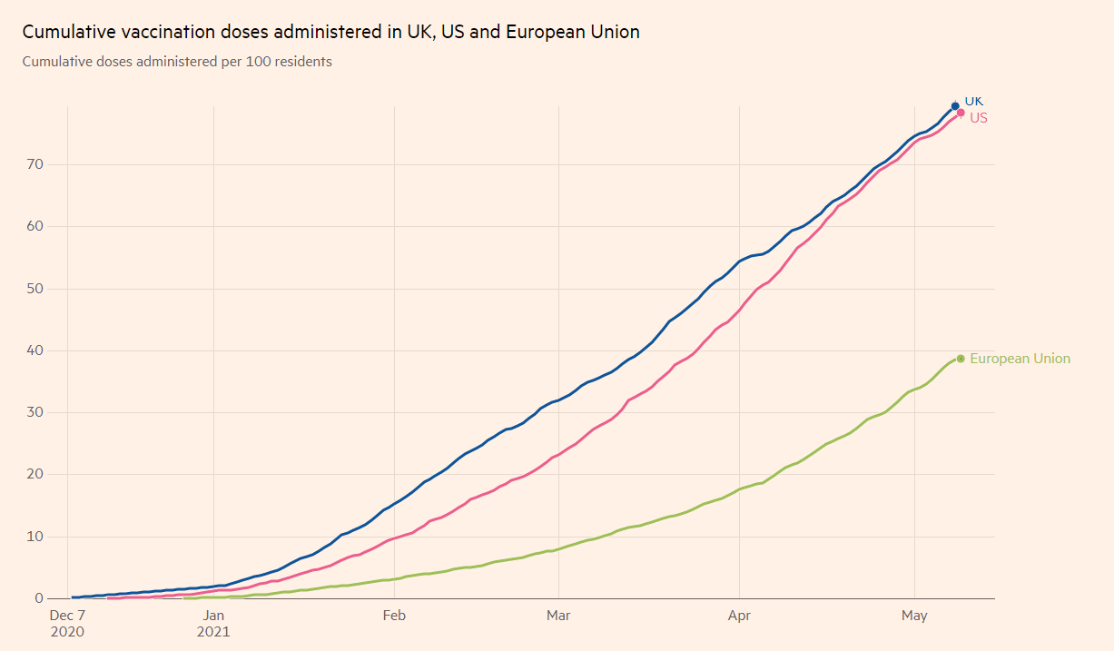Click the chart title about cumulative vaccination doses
[330, 32]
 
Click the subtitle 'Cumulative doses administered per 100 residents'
[177, 62]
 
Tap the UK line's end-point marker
[955, 106]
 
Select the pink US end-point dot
[961, 113]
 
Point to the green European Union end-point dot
[961, 359]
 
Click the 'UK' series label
[973, 101]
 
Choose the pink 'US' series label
[979, 118]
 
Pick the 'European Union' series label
[1020, 359]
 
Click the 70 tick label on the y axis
[35, 164]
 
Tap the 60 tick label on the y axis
[35, 226]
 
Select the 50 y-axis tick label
[35, 289]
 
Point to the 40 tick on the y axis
[35, 350]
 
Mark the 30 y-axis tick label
[35, 412]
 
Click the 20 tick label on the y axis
[35, 474]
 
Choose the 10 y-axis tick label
[35, 537]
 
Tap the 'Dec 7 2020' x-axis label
[67, 623]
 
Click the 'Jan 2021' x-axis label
[213, 623]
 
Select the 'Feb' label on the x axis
[394, 616]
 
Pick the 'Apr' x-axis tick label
[739, 616]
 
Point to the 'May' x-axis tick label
[914, 616]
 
